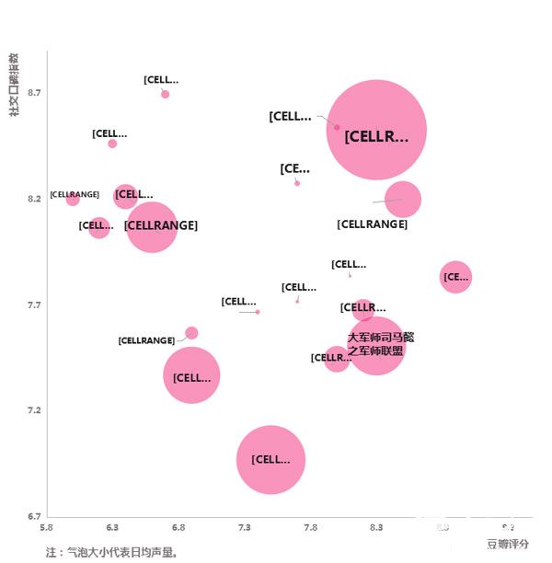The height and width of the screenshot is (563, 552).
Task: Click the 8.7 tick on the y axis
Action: pos(34,93)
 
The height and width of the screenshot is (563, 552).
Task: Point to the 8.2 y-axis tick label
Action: pos(34,199)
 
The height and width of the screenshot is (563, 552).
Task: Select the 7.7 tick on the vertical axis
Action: pos(34,304)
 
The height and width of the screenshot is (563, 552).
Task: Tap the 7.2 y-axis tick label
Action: pos(34,410)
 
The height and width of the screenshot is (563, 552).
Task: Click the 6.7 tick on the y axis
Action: pos(34,516)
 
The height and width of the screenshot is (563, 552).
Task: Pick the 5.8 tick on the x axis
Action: pos(47,528)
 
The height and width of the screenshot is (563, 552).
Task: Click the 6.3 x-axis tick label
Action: pos(112,528)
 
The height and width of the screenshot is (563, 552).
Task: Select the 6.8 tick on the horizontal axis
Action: pos(178,528)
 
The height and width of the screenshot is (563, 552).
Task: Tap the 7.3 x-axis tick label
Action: pos(245,528)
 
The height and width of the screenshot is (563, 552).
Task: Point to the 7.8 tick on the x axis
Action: pos(310,528)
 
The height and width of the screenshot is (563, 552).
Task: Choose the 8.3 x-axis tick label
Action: pos(376,528)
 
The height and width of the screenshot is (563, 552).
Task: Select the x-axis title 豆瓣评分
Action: pos(508,544)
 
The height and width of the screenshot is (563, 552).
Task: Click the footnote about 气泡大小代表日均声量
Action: pos(110,553)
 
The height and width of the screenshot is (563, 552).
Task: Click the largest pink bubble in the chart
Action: pos(376,131)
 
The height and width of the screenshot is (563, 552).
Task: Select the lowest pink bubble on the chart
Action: pos(270,459)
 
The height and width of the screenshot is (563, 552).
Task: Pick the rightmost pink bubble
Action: pos(455,276)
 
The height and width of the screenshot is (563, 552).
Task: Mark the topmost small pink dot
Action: pos(165,94)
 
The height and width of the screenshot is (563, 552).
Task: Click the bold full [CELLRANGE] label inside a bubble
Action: pos(161,225)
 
